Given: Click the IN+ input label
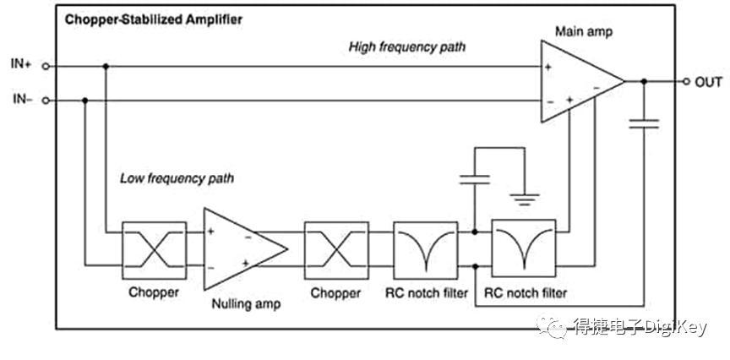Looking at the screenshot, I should (x=21, y=64).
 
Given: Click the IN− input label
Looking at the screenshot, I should (x=21, y=100).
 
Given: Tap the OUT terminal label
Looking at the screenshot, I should (x=708, y=82).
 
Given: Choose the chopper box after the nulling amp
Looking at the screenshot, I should (x=335, y=248).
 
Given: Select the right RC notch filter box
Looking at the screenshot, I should (x=524, y=248).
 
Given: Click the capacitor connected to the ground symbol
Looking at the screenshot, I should (x=475, y=178).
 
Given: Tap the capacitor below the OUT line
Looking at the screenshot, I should (x=646, y=124).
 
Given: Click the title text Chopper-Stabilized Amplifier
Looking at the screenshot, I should (x=153, y=18).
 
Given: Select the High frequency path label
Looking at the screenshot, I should (x=408, y=47).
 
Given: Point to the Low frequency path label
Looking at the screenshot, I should (x=177, y=178).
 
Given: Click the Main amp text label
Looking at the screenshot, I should (x=583, y=31).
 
